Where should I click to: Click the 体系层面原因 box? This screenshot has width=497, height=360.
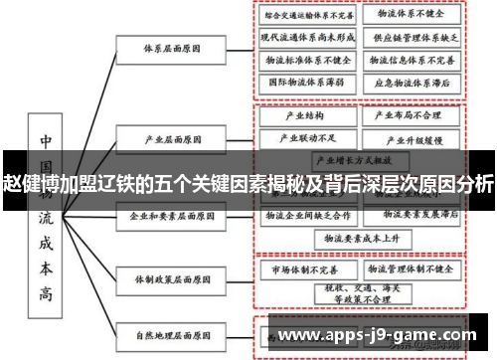click(x=165, y=47)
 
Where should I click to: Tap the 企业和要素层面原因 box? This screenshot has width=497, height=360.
click(x=165, y=215)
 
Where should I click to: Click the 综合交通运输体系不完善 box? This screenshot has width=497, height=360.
click(x=308, y=16)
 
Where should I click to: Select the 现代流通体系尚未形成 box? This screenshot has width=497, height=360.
click(x=308, y=38)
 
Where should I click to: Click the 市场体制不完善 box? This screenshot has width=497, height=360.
click(x=306, y=269)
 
